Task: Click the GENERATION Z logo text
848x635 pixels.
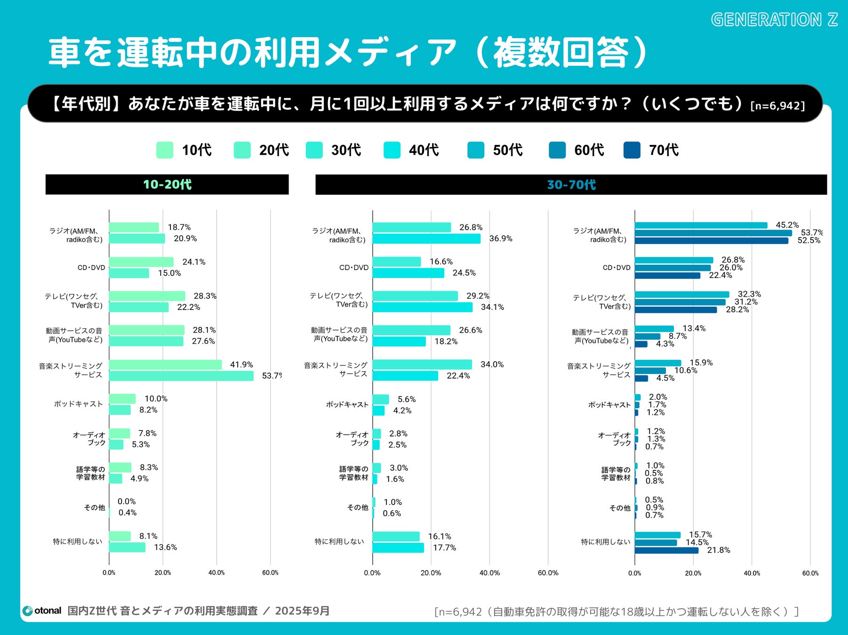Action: point(774,20)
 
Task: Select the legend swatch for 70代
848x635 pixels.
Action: point(632,150)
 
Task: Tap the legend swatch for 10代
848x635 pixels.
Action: point(165,150)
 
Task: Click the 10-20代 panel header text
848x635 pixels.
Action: point(167,184)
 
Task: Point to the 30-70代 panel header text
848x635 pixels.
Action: point(571,185)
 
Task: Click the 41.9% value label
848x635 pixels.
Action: point(241,365)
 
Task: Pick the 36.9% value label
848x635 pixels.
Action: point(501,238)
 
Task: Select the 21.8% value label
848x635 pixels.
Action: point(719,550)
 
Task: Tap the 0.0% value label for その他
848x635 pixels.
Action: point(127,501)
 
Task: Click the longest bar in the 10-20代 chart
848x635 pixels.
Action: point(181,376)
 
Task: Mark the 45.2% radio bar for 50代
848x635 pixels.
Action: point(701,225)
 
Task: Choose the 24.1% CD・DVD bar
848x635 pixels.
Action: point(141,262)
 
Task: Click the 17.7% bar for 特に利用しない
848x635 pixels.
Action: point(398,548)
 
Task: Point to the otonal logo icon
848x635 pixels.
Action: point(28,611)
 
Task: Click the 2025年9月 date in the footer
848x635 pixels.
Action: point(302,611)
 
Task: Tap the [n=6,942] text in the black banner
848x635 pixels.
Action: point(777,105)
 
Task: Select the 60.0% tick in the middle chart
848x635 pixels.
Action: point(548,573)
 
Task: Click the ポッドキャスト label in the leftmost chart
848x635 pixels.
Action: point(78,404)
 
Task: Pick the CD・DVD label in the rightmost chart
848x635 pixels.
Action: point(616,268)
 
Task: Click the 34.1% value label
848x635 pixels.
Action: point(492,307)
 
